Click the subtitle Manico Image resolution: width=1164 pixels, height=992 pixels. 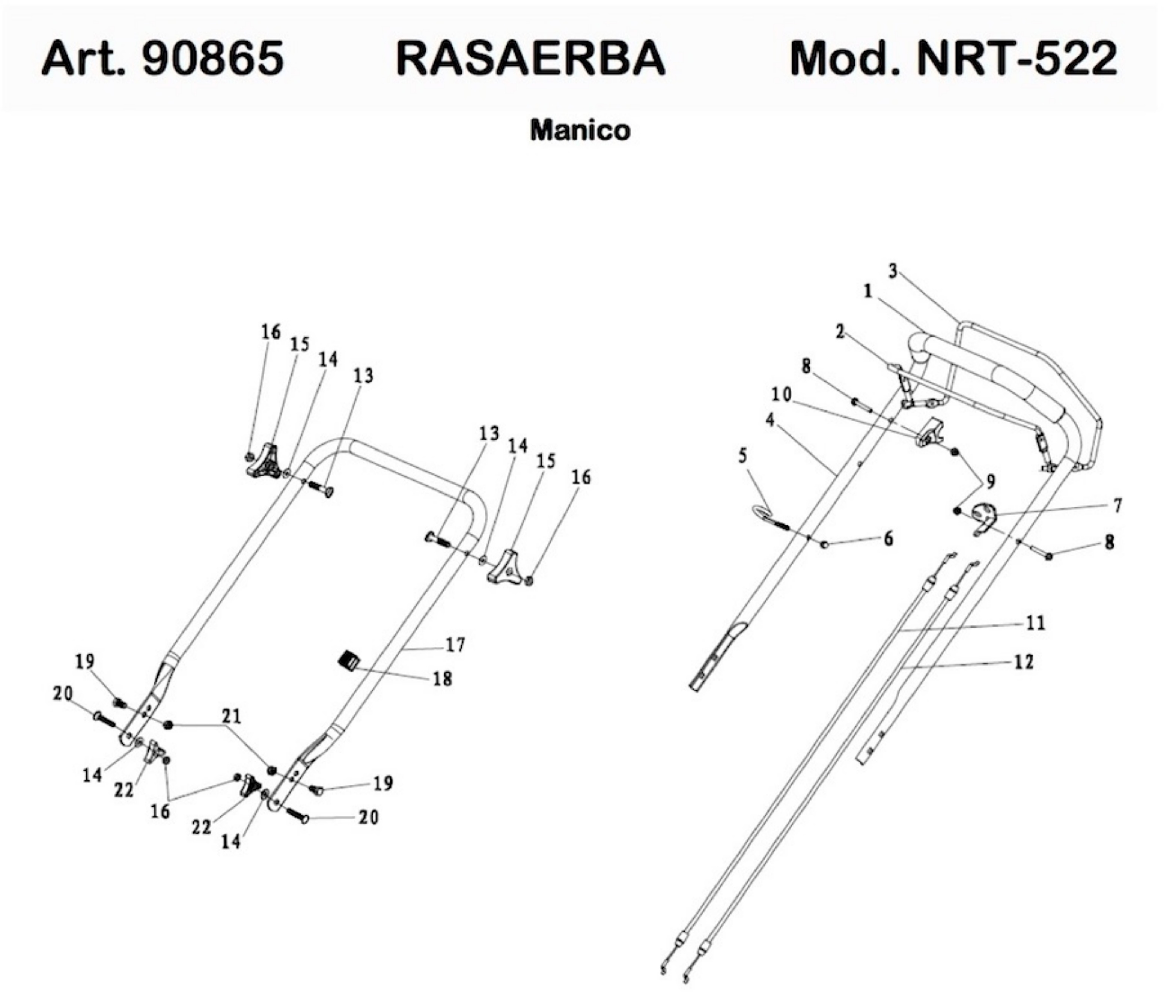[580, 131]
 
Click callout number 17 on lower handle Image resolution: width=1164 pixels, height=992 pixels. [455, 645]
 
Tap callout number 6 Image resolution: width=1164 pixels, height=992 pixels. [888, 538]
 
